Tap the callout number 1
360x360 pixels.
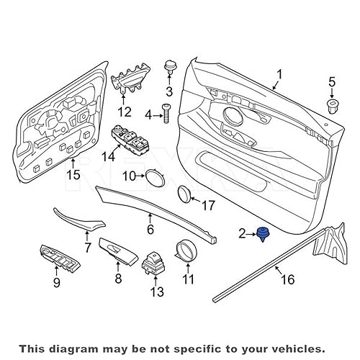coord(280,73)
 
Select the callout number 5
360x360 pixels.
coord(332,82)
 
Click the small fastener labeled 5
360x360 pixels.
coord(332,107)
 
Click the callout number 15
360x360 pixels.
coord(73,174)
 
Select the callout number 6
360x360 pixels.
coord(150,230)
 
